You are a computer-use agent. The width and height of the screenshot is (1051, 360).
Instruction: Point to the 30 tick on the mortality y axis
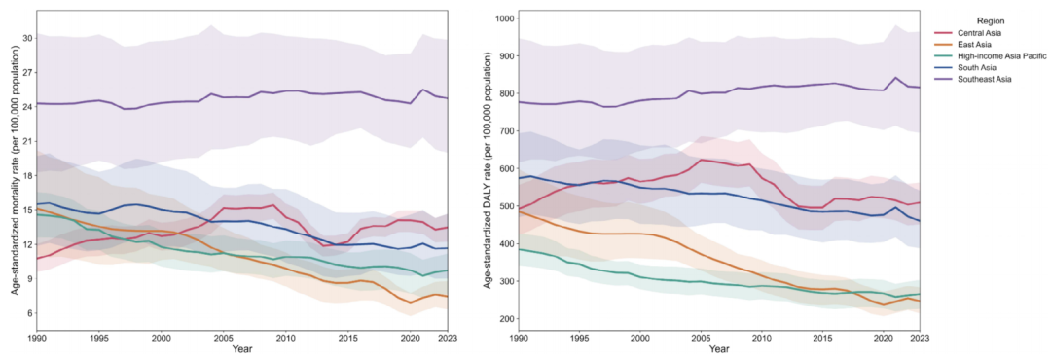pos(27,38)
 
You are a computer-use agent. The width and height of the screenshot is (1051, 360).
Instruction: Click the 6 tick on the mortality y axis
pos(29,313)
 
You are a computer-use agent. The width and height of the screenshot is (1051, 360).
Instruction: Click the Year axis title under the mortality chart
pos(242,349)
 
